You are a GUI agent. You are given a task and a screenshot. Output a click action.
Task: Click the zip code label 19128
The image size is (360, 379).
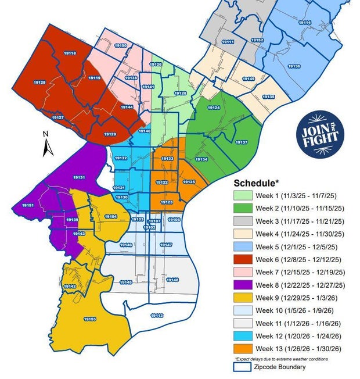pyautogui.click(x=39, y=83)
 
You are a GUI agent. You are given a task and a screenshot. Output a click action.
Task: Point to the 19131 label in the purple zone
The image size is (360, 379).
pyautogui.click(x=80, y=177)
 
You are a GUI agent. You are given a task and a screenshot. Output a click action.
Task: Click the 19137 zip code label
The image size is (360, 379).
pyautogui.click(x=242, y=142)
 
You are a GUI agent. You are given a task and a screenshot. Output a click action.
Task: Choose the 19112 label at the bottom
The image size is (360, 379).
pyautogui.click(x=157, y=315)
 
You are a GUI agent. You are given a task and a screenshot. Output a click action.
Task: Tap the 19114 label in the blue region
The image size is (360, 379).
pyautogui.click(x=305, y=22)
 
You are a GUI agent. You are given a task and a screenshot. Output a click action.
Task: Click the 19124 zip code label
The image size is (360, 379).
pyautogui.click(x=214, y=108)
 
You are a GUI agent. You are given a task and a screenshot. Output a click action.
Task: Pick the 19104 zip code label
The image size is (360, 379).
pyautogui.click(x=110, y=216)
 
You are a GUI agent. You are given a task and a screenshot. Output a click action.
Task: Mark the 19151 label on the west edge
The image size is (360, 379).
pyautogui.click(x=28, y=206)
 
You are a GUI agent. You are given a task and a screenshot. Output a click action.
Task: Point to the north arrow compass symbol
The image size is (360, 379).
pyautogui.click(x=48, y=144)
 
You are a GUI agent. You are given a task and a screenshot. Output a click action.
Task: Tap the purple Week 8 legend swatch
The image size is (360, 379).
pyautogui.click(x=242, y=285)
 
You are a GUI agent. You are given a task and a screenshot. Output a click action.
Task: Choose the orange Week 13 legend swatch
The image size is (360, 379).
pyautogui.click(x=242, y=349)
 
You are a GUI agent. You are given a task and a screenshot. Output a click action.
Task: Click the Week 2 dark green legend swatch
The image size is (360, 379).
pyautogui.click(x=242, y=208)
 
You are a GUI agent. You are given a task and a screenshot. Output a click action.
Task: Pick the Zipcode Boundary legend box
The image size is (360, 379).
pyautogui.click(x=242, y=367)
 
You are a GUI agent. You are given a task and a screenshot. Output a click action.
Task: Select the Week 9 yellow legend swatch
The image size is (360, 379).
pyautogui.click(x=242, y=298)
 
